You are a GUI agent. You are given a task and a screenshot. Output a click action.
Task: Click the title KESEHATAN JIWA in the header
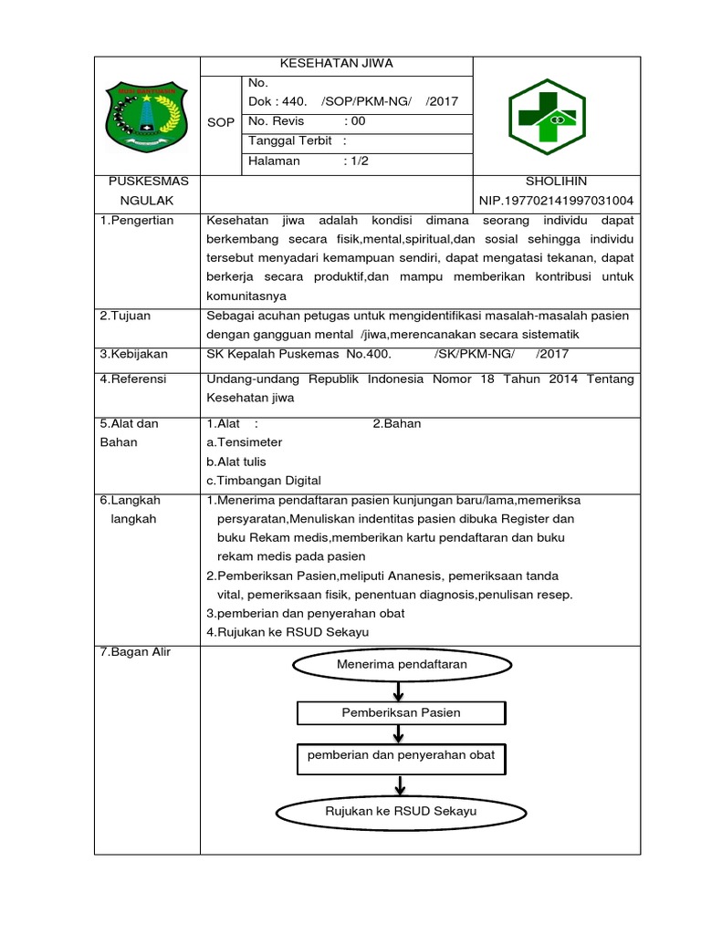click(x=336, y=64)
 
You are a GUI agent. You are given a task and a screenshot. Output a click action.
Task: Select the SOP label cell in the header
click(x=221, y=121)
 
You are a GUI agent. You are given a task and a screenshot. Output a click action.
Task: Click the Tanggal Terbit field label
click(x=289, y=140)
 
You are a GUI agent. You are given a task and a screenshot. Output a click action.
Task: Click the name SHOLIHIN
click(x=556, y=181)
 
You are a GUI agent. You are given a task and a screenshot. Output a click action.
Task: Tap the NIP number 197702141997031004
click(x=556, y=201)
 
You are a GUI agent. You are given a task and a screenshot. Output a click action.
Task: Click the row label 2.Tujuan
click(x=126, y=315)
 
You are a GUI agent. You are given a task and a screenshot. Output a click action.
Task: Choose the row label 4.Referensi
click(x=133, y=379)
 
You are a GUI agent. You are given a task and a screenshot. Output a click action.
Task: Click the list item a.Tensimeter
click(x=245, y=442)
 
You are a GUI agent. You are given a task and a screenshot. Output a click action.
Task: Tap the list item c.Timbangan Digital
click(x=264, y=481)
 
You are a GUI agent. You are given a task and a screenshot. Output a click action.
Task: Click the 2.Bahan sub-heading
click(x=397, y=423)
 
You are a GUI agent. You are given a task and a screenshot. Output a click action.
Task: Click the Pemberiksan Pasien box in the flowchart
click(x=401, y=712)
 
